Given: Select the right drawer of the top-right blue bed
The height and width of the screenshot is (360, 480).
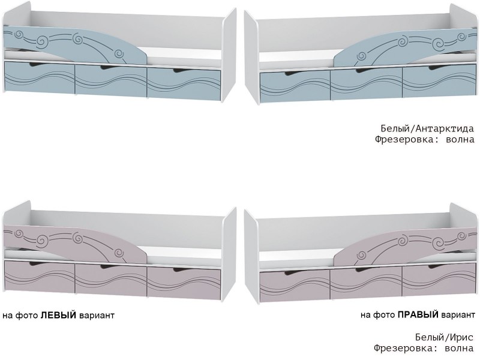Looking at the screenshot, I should tap(438, 79).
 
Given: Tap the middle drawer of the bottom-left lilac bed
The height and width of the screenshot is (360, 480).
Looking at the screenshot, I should tap(110, 277).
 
